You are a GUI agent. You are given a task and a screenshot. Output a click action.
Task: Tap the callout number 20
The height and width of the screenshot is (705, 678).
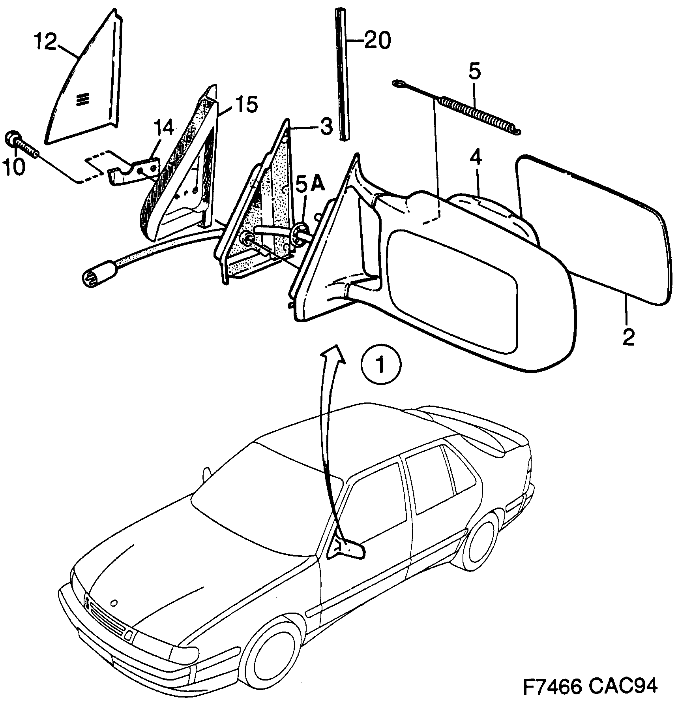pos(377,40)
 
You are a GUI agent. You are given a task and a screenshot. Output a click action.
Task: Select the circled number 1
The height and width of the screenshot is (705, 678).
pos(381,365)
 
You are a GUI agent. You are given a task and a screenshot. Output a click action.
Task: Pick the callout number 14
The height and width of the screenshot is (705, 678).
pos(163,128)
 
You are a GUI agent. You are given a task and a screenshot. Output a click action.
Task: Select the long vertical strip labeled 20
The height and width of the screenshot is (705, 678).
pos(342,75)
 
